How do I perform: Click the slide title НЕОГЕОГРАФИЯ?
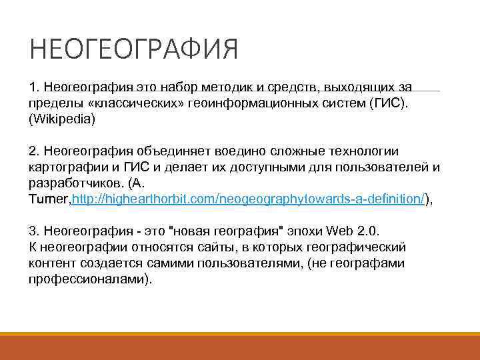tap(133, 49)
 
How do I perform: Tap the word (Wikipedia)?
tap(62, 120)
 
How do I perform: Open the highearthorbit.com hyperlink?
tap(247, 199)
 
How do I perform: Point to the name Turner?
tap(49, 199)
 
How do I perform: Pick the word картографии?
tap(63, 167)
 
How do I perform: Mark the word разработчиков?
tap(69, 183)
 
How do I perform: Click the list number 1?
tap(33, 88)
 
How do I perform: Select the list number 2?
tap(33, 151)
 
